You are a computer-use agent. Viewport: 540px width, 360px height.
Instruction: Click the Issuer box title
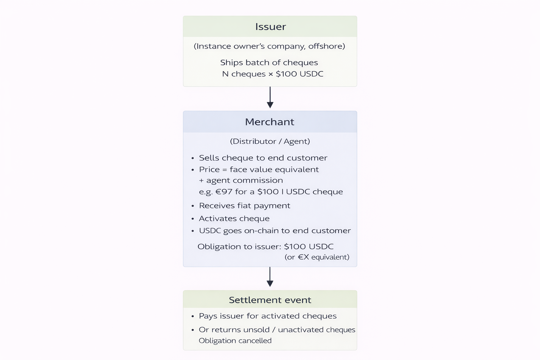[270, 26]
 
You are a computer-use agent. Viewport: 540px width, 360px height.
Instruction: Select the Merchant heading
[270, 122]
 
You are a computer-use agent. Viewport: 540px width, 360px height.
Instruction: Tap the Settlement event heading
[270, 300]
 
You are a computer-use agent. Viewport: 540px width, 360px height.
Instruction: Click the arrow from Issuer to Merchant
[270, 97]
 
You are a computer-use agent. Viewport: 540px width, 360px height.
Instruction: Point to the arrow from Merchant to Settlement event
[270, 277]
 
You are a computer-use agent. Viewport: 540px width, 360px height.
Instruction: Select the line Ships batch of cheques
[269, 63]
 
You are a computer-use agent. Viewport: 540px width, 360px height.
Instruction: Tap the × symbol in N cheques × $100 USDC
[271, 74]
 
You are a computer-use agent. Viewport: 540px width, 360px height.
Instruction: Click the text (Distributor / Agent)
[270, 141]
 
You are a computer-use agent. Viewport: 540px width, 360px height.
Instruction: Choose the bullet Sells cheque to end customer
[263, 158]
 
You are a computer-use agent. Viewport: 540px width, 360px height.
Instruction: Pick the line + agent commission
[241, 180]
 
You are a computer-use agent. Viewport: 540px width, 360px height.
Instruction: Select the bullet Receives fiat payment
[244, 205]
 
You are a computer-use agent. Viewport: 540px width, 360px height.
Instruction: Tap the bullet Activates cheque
[234, 218]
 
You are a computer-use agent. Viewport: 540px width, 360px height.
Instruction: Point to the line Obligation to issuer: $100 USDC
[265, 246]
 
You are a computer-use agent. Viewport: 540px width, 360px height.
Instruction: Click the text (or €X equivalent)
[317, 257]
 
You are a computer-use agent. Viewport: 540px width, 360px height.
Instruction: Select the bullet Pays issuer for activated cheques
[268, 316]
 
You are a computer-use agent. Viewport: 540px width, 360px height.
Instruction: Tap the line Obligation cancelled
[235, 340]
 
